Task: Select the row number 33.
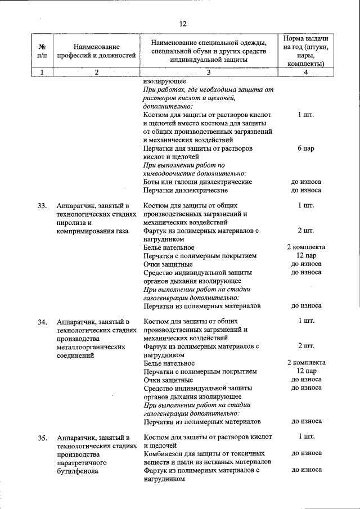[42, 206]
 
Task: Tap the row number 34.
[42, 322]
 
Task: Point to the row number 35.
[42, 438]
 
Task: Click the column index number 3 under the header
[208, 72]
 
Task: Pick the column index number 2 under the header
[96, 72]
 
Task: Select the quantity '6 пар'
[306, 149]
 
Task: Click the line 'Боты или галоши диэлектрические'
[197, 182]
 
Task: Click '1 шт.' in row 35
[306, 436]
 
